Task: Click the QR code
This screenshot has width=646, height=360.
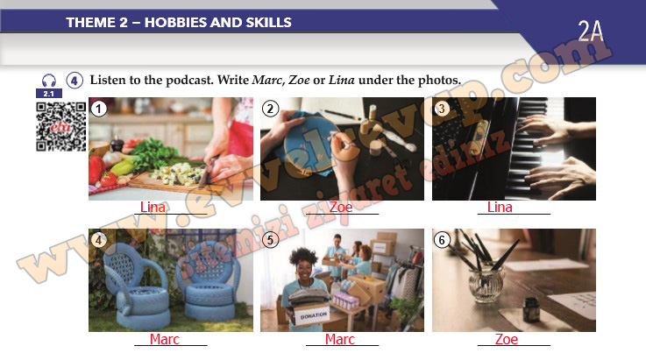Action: pyautogui.click(x=61, y=126)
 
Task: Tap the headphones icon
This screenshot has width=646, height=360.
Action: pyautogui.click(x=48, y=81)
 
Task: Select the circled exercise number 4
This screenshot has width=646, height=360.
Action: pyautogui.click(x=75, y=81)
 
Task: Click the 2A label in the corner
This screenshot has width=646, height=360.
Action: pyautogui.click(x=591, y=31)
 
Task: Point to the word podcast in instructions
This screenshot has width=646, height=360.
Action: pyautogui.click(x=189, y=80)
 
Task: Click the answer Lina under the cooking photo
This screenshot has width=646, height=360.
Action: pyautogui.click(x=153, y=208)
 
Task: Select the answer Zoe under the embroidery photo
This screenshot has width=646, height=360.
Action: pyautogui.click(x=341, y=208)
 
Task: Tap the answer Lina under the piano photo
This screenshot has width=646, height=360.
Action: pyautogui.click(x=500, y=208)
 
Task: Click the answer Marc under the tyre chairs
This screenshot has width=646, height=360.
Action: pyautogui.click(x=165, y=339)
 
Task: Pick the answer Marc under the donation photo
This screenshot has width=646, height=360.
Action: pyautogui.click(x=340, y=339)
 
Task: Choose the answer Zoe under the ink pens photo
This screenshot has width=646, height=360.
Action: pyautogui.click(x=507, y=339)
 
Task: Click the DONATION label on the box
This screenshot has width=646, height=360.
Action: pyautogui.click(x=314, y=316)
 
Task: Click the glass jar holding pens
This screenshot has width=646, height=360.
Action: pyautogui.click(x=486, y=284)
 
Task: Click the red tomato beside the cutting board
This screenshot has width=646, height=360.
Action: pyautogui.click(x=108, y=180)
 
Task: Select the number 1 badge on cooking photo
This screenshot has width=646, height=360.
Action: pyautogui.click(x=98, y=109)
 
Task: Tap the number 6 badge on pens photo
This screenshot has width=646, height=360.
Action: pyautogui.click(x=442, y=240)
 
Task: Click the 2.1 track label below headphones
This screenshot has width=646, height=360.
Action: pyautogui.click(x=48, y=94)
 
